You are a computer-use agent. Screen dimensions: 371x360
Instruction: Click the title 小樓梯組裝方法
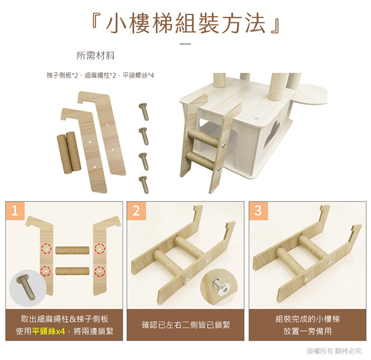coord(185,23)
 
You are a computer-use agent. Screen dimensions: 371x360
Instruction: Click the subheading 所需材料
coord(96,56)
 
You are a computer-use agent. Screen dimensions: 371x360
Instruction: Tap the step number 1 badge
coord(15,211)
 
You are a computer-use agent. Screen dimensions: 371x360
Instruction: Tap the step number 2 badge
coord(136,211)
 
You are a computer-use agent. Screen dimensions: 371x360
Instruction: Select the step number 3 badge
coord(258,211)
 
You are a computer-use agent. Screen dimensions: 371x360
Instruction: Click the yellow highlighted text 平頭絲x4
coord(48,331)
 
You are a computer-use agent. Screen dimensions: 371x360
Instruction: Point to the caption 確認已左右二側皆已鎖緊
coord(185,325)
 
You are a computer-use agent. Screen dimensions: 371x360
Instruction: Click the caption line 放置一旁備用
coord(308,331)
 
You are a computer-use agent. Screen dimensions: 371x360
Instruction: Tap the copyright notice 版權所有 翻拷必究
coord(334,351)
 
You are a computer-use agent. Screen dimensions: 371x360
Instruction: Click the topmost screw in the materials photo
coord(144,111)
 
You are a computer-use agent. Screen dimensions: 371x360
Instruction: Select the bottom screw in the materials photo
coord(144,185)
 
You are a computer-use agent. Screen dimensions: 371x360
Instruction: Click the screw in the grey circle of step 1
coord(26,289)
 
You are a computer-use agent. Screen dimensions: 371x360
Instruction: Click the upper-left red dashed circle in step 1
coord(46,249)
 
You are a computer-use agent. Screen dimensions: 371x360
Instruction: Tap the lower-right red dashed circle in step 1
coord(99,271)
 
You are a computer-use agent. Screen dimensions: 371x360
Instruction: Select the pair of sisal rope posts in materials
coord(69,152)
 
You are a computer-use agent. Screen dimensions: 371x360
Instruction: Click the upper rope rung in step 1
coord(73,250)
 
